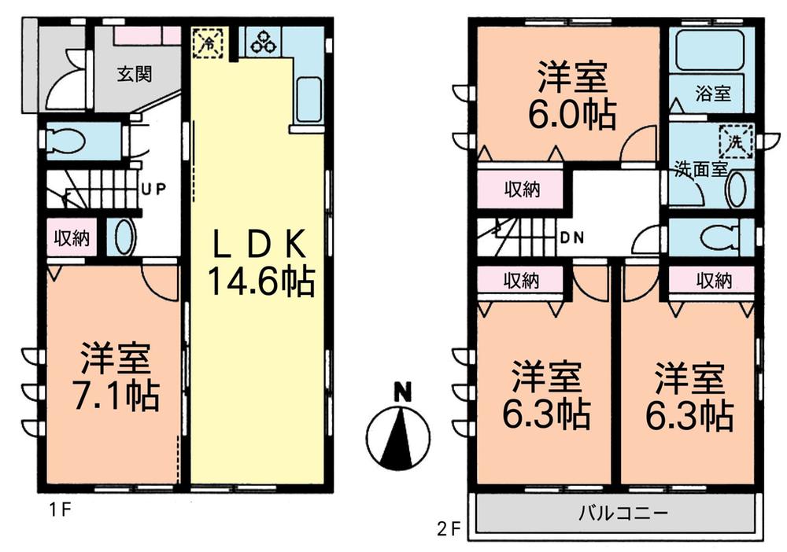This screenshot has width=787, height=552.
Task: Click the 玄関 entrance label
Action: [x=135, y=75]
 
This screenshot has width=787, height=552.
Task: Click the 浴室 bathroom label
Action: [x=713, y=94]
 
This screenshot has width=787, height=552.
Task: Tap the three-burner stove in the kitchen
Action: [x=263, y=42]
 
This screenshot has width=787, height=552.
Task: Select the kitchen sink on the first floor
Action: [x=308, y=99]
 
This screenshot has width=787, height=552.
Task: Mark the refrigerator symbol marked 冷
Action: [x=209, y=42]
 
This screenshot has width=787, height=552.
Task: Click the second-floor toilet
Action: [x=719, y=235]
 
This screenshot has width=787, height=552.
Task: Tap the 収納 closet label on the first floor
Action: [x=71, y=238]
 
